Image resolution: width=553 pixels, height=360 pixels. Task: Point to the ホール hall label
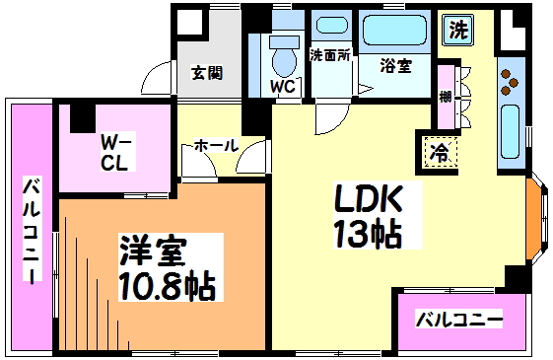point(215,146)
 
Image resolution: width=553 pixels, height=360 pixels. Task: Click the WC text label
point(284,86)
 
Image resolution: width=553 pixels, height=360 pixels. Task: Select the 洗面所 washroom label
point(331,55)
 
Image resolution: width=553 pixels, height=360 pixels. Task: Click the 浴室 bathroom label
point(396,66)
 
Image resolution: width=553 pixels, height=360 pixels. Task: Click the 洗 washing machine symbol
point(458,30)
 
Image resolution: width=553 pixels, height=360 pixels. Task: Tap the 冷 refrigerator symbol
point(441,152)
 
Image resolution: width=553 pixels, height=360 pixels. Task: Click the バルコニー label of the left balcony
point(32,229)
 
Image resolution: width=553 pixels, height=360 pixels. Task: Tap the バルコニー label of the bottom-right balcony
point(458,321)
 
